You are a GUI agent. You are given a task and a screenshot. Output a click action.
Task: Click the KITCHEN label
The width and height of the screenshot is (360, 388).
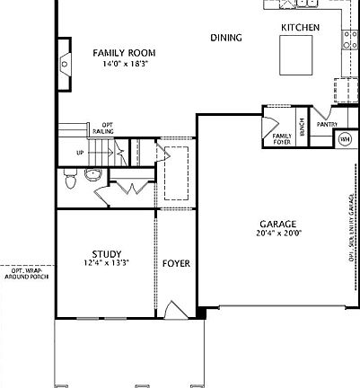click(x=300, y=28)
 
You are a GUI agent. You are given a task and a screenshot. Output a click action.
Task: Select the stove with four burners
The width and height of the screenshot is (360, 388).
click(x=349, y=38)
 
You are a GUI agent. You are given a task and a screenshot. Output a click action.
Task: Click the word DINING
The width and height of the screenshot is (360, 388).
click(x=225, y=38)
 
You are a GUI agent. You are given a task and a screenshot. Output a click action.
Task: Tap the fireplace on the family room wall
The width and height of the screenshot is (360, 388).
click(x=65, y=65)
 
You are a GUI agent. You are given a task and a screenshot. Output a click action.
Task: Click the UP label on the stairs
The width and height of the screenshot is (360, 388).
click(x=80, y=153)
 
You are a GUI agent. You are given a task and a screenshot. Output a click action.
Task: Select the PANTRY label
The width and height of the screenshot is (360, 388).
click(x=326, y=125)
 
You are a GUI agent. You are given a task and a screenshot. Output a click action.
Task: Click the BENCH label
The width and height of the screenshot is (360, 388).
click(x=303, y=128)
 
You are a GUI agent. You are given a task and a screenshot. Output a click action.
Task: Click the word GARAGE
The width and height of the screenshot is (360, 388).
click(x=277, y=224)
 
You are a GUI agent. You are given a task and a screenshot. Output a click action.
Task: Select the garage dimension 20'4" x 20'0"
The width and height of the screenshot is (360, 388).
click(x=277, y=234)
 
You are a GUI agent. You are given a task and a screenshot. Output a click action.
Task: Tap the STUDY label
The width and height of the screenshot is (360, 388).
click(x=107, y=253)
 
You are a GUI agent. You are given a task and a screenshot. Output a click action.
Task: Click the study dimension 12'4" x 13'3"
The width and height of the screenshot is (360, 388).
click(x=107, y=263)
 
